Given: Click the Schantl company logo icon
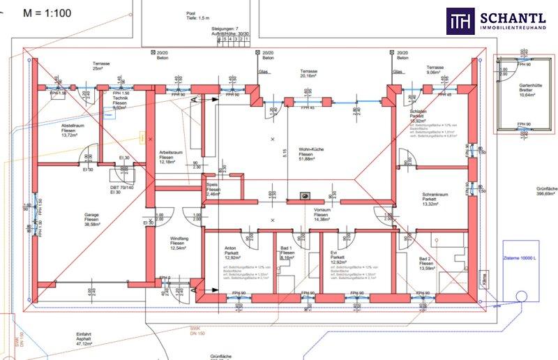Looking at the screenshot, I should click(x=460, y=21).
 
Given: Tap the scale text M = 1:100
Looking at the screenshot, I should click(x=46, y=13).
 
